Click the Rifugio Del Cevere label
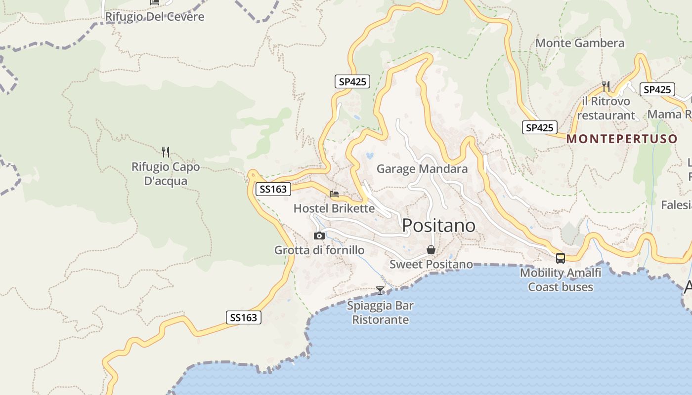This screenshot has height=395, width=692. (x=154, y=17)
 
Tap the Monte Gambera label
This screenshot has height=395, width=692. (x=580, y=43)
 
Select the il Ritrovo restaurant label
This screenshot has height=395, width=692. (x=606, y=108)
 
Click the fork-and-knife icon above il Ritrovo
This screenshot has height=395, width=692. (x=606, y=86)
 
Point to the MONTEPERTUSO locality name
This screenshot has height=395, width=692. (x=621, y=139)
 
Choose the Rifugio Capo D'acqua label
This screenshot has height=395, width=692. (x=166, y=174)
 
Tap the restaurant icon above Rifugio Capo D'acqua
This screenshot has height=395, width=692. (x=166, y=152)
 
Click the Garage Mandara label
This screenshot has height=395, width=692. (x=422, y=169)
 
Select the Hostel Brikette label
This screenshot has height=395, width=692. (x=334, y=208)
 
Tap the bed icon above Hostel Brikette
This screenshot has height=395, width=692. (x=334, y=194)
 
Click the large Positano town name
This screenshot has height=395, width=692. (x=438, y=225)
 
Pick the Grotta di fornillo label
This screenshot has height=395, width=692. (x=319, y=250)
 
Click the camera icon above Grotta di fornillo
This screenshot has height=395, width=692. (x=319, y=236)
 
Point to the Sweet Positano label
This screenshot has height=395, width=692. (x=431, y=264)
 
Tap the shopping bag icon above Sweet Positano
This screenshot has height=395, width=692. (x=431, y=250)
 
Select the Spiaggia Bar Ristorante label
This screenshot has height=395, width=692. (x=380, y=313)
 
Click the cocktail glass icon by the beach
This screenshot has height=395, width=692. (x=380, y=290)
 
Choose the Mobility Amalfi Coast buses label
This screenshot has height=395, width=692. (x=561, y=279)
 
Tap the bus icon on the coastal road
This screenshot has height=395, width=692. (x=561, y=258)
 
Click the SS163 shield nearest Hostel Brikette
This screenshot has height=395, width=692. (x=273, y=189)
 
